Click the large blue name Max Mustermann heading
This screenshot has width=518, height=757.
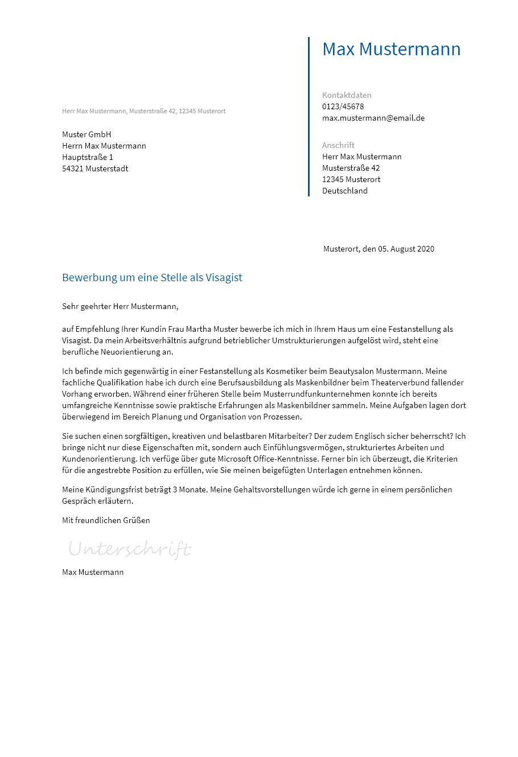(x=391, y=50)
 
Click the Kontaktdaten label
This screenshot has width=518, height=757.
(x=347, y=95)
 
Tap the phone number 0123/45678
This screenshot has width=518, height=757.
(x=343, y=106)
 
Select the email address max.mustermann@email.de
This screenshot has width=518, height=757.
(x=373, y=118)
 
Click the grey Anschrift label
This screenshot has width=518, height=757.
(x=338, y=145)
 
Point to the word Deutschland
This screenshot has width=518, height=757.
(x=345, y=191)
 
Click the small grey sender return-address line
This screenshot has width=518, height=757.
(x=143, y=111)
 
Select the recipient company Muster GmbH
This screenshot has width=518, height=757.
(x=87, y=134)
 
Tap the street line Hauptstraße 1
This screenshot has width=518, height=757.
(x=88, y=157)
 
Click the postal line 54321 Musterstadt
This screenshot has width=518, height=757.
(x=95, y=168)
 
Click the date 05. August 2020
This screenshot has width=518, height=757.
(x=406, y=249)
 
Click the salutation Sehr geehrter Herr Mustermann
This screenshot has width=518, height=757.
(x=120, y=306)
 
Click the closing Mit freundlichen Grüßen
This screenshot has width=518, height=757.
(x=106, y=520)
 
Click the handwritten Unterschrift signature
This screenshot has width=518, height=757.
(x=130, y=549)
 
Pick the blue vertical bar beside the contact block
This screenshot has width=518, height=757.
(x=309, y=117)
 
